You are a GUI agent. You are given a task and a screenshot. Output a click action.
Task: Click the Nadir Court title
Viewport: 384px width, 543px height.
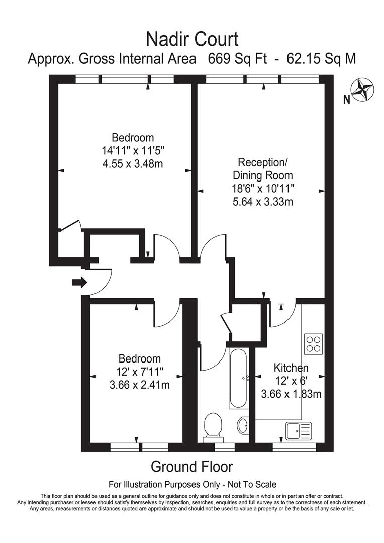(x=191, y=38)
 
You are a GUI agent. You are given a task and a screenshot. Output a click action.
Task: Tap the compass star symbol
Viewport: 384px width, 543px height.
(x=363, y=89)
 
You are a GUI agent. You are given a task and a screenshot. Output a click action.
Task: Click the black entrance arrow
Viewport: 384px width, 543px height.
(x=79, y=283)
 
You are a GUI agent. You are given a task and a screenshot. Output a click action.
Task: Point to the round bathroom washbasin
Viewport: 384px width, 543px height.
(x=242, y=425)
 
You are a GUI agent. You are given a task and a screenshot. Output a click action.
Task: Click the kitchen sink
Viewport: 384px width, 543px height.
(x=299, y=430)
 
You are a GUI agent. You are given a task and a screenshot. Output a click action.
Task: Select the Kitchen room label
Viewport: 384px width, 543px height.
(x=291, y=368)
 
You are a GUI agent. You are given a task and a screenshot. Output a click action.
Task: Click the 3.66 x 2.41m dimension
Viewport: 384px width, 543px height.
(x=140, y=385)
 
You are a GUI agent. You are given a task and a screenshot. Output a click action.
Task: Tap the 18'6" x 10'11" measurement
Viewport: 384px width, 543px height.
(x=262, y=189)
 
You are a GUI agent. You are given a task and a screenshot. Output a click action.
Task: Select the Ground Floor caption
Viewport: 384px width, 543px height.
(x=191, y=467)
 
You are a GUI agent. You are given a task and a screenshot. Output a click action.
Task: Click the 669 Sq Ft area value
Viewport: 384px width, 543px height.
(x=232, y=59)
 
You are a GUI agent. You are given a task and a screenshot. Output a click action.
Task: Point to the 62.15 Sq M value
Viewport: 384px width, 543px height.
(x=321, y=59)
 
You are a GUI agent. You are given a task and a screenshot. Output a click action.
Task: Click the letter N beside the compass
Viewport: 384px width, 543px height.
(x=346, y=100)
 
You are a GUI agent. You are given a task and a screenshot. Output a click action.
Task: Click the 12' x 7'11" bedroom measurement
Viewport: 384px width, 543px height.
(x=140, y=372)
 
